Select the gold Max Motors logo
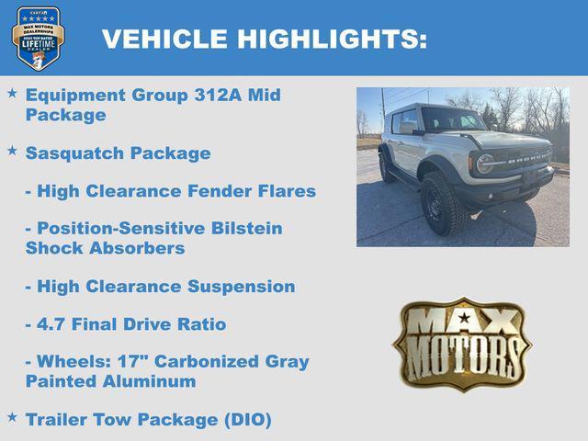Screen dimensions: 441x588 click(x=462, y=344)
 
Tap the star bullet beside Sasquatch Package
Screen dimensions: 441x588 click(x=12, y=151)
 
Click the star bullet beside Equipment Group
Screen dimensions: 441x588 click(x=12, y=94)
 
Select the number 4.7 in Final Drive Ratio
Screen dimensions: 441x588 click(x=51, y=324)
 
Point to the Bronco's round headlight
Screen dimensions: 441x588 click(x=485, y=164)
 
